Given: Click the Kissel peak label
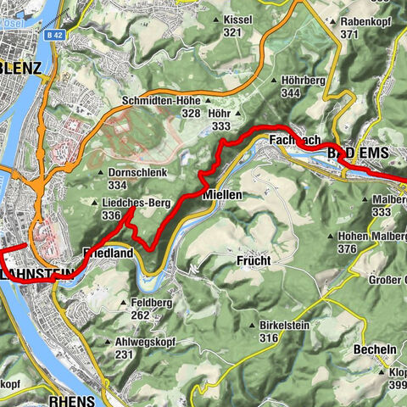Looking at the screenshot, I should click(245, 20).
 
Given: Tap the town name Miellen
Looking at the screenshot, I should click(223, 195).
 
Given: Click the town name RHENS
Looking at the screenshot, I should click(71, 398).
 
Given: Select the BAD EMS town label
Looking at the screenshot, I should click(357, 153).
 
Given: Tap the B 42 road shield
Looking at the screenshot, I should click(55, 11).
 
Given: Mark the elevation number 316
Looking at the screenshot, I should click(269, 337).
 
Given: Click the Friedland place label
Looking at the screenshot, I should click(108, 254).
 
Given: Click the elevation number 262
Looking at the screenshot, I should click(140, 315).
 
